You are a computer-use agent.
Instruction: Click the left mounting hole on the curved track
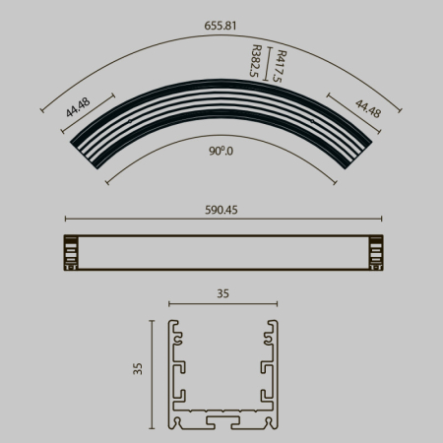pos(128,122)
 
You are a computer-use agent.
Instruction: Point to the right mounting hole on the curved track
pos(312,122)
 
